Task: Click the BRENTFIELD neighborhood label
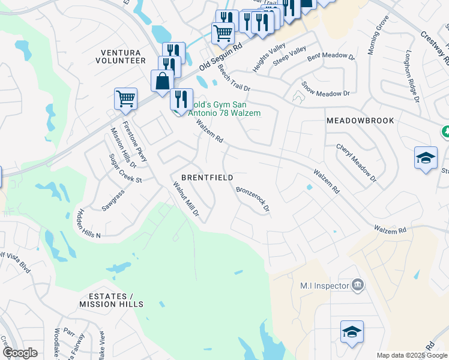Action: (x=207, y=178)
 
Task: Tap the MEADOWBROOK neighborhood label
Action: (x=360, y=121)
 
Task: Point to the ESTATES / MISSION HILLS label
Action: (x=106, y=301)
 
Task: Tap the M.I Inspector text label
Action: (x=325, y=286)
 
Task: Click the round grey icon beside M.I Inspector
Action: (x=357, y=284)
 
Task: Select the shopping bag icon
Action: (x=163, y=82)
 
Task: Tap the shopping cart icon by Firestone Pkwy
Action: (x=125, y=98)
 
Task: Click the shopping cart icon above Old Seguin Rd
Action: (x=223, y=32)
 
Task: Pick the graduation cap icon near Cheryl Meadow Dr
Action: (x=426, y=158)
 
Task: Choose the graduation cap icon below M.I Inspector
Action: (x=352, y=332)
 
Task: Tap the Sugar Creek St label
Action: (x=125, y=169)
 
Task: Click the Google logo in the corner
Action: (x=20, y=353)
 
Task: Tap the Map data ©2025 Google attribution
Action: (x=411, y=355)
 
